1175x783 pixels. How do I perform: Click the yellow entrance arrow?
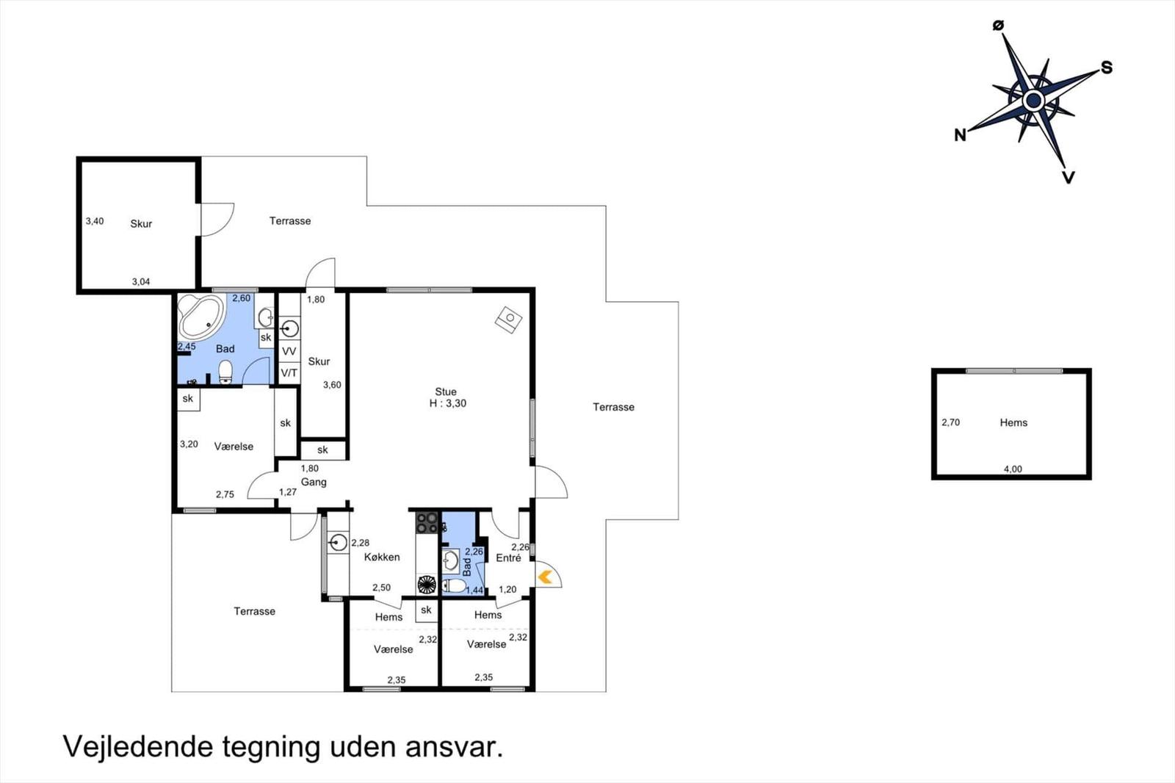[x=545, y=577]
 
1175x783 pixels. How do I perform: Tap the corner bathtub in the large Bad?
[x=201, y=317]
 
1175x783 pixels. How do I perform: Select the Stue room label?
[x=446, y=391]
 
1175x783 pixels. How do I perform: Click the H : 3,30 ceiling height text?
[x=447, y=403]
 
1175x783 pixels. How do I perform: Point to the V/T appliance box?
[x=289, y=373]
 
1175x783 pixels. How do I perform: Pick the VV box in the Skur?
[x=289, y=351]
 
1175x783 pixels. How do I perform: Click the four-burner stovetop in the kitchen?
[x=427, y=523]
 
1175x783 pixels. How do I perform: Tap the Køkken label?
[x=382, y=557]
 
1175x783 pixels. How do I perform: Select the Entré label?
[x=508, y=558]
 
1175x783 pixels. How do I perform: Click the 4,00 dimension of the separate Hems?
[x=1013, y=469]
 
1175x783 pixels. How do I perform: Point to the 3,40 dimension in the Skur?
[x=95, y=221]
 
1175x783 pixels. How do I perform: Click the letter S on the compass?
[x=1107, y=68]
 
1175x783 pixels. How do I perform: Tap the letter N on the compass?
[x=960, y=135]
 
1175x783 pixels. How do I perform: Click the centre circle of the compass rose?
[x=1033, y=100]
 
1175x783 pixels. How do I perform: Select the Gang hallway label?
[x=314, y=482]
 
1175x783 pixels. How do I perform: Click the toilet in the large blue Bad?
[x=225, y=372]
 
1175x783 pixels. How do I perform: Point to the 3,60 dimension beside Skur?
[x=332, y=385]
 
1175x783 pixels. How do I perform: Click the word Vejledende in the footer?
[x=139, y=746]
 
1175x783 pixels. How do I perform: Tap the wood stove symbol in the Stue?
[x=508, y=320]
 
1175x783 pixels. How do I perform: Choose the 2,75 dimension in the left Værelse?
[x=225, y=494]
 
